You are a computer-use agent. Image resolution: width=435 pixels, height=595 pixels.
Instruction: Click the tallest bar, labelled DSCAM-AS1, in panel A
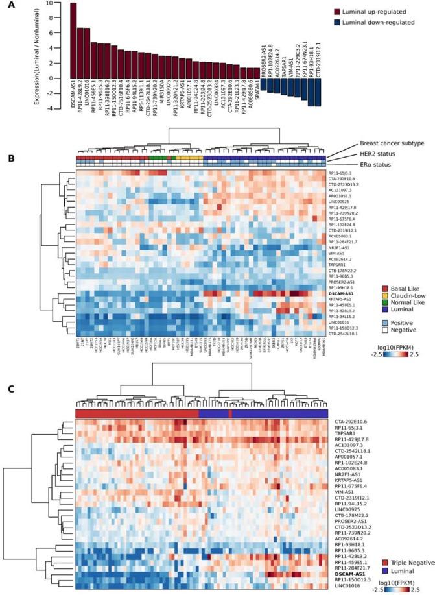click(73, 40)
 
